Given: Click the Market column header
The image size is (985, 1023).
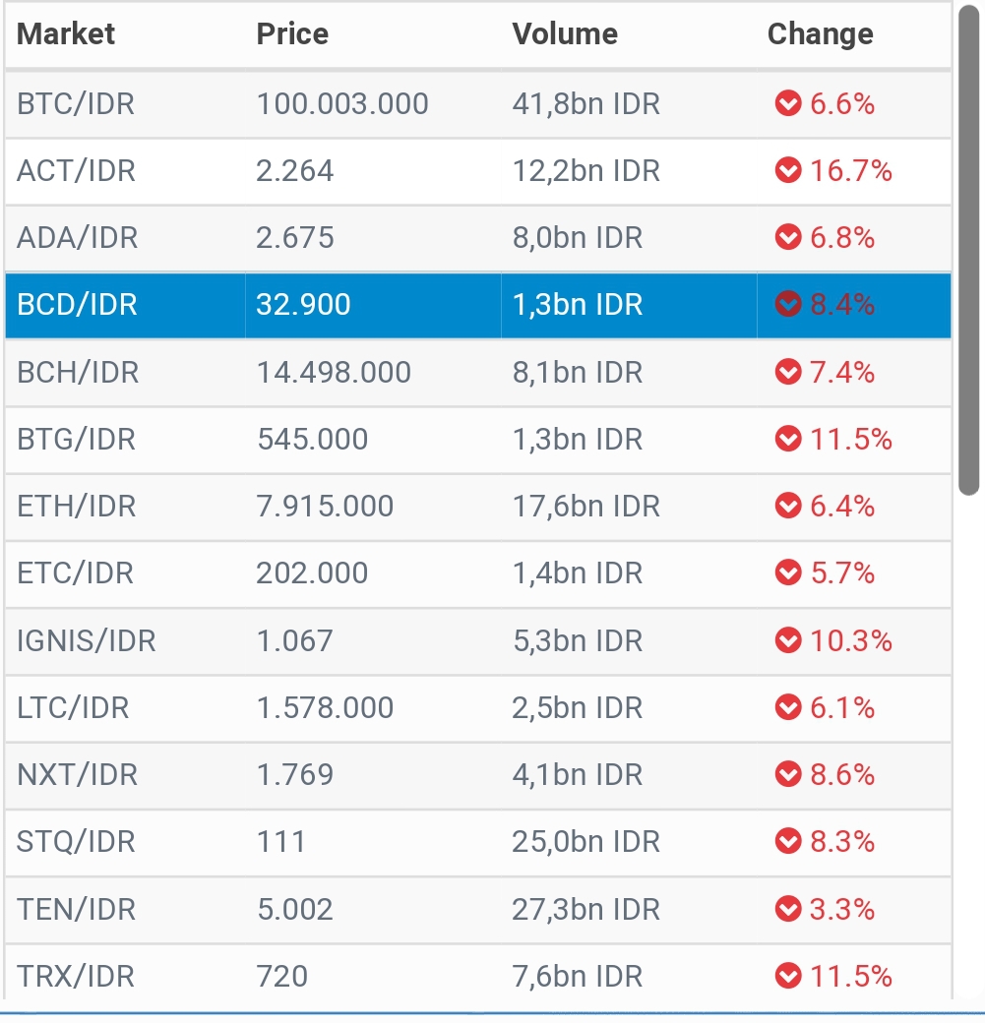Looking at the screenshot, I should [66, 34].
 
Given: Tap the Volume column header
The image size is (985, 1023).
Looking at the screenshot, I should [565, 34].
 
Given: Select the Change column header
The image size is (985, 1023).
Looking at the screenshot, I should [820, 34].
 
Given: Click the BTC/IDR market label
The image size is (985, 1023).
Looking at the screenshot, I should [76, 103].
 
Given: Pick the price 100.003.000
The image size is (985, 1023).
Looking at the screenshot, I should [342, 103].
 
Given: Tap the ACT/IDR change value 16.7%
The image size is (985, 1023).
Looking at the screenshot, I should [850, 171].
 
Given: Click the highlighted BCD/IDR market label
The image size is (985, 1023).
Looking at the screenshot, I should [77, 305].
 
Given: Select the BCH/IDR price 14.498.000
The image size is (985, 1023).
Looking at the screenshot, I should [334, 373].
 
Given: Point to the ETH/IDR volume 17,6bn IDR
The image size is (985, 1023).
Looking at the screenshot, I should [585, 507].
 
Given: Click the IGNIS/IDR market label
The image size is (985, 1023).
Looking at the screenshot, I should [87, 641].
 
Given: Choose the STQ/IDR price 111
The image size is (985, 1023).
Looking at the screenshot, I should [280, 842].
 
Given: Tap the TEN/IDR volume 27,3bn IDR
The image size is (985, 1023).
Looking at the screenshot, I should [585, 909].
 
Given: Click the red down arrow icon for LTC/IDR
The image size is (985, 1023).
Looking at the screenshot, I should [788, 707].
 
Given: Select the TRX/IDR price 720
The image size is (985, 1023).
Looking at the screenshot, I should [281, 976].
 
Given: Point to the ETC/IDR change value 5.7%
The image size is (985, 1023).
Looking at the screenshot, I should [841, 572].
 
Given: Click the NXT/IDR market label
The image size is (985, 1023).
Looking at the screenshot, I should [76, 775].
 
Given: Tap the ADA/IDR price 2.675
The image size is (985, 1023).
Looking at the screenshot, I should [295, 238].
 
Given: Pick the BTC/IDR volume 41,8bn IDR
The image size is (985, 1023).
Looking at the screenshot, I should [585, 103].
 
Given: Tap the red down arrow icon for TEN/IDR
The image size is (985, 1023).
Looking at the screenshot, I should [788, 909].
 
